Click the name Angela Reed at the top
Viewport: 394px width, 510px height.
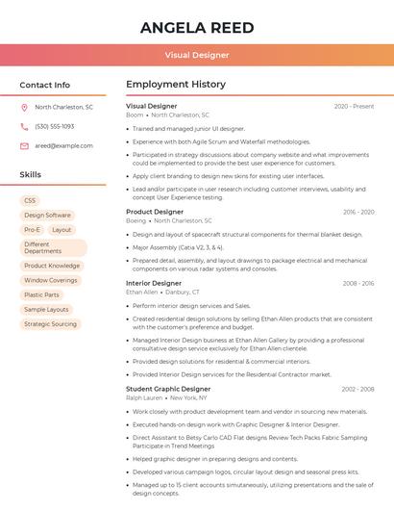point(197,27)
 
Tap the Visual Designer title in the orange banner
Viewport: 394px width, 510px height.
point(197,56)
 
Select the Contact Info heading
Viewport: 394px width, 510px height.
point(45,85)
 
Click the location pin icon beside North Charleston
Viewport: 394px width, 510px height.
point(24,108)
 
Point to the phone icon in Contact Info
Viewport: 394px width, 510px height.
point(24,126)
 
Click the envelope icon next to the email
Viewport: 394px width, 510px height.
point(24,145)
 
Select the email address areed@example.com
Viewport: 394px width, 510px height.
point(63,145)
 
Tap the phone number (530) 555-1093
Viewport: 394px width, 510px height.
point(55,126)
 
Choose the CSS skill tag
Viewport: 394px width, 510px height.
point(30,200)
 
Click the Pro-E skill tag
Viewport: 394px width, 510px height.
point(33,230)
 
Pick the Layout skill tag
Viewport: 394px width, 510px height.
point(62,230)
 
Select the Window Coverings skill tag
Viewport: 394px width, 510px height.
point(51,280)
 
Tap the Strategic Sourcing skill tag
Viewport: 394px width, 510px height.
point(51,324)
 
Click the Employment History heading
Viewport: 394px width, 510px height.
point(176,85)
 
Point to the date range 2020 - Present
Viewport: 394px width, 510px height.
point(355,106)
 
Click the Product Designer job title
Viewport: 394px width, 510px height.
point(155,212)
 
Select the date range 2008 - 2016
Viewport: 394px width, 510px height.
point(358,284)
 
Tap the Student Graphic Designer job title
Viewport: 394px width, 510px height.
point(168,389)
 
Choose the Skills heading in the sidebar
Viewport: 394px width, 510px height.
point(31,175)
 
